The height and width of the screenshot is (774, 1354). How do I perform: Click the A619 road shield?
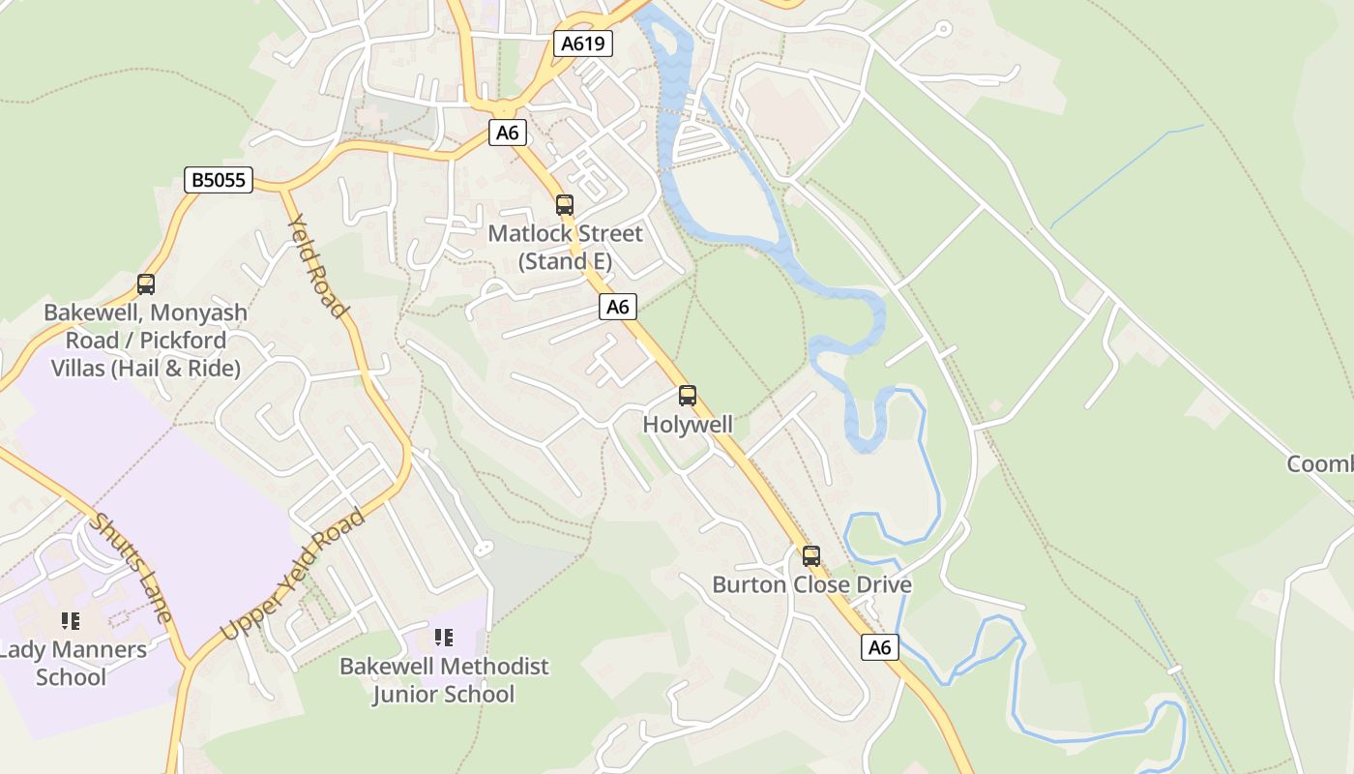pos(583,43)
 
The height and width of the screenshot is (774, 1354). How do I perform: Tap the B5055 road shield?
pos(219,179)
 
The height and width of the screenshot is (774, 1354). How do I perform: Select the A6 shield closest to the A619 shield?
pos(508,133)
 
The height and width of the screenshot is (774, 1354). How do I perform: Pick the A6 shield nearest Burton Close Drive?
pos(879,647)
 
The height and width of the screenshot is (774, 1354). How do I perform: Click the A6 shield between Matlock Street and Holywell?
pos(618,307)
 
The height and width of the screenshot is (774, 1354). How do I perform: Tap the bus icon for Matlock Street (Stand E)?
pos(565,205)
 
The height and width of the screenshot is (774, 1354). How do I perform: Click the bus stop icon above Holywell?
pos(688,396)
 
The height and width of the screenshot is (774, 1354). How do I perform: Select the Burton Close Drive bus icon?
pos(811,556)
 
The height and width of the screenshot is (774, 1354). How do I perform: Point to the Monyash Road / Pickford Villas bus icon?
pos(146,284)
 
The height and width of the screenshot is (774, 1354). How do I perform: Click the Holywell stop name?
pos(688,425)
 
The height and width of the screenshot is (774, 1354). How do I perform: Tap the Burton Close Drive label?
pos(811,585)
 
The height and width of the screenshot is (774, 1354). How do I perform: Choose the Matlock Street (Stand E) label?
pos(565,248)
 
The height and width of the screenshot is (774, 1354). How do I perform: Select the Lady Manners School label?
pos(72,663)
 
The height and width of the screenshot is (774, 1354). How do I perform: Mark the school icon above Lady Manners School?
pos(70,620)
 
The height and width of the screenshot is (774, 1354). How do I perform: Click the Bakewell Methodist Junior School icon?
pos(444,637)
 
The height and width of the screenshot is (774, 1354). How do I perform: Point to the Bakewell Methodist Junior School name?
pos(444,680)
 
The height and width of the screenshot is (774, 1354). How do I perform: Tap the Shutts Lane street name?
pos(132,567)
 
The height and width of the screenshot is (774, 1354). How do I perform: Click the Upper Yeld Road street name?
pos(293,574)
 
